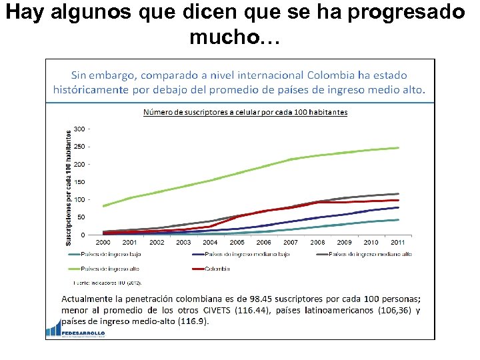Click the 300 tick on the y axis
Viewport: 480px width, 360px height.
(79, 129)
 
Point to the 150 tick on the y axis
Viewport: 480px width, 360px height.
(79, 182)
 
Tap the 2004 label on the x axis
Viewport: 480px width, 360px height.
(210, 243)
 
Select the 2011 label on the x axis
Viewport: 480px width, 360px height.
(397, 243)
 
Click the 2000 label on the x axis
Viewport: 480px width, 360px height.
(103, 243)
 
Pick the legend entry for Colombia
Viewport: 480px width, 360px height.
(217, 269)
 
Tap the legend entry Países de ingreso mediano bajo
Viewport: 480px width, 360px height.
(247, 255)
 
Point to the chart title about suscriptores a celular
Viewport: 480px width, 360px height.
(245, 112)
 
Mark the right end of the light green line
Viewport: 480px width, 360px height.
(398, 148)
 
